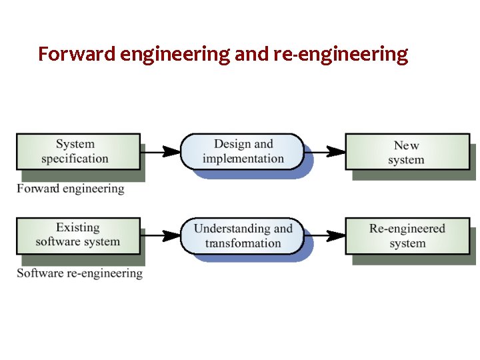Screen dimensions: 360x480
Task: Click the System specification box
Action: tap(78, 151)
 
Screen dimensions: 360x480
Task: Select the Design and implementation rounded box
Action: tap(243, 151)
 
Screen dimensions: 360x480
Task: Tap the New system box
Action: tap(406, 152)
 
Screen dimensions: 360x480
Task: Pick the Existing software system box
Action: tap(78, 235)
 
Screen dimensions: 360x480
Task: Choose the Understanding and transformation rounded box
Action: tap(243, 235)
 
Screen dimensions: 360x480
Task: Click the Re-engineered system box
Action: tap(407, 235)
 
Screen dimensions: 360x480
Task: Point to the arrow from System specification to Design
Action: tap(161, 151)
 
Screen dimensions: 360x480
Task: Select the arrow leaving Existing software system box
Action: tap(161, 235)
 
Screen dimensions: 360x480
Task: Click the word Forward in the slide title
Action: tap(77, 54)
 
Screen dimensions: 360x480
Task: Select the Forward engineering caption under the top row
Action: tap(71, 189)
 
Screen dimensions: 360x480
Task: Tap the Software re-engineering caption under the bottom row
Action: tap(79, 273)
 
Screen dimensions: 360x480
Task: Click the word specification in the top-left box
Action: tap(75, 159)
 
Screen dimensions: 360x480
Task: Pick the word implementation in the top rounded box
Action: tap(243, 159)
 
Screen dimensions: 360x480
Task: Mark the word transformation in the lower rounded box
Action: tap(243, 243)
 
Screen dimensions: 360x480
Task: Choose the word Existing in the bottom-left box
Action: tap(78, 227)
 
